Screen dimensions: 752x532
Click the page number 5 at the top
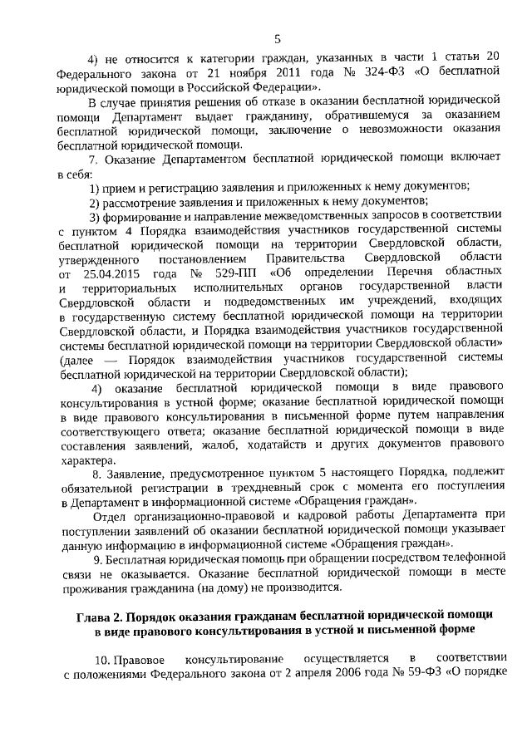tap(277, 37)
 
